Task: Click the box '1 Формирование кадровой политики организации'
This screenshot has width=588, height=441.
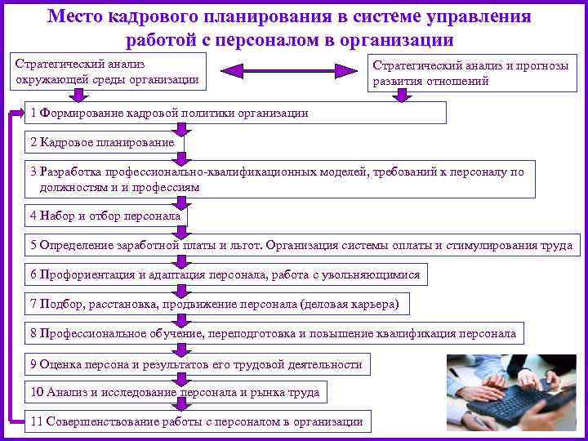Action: click(x=237, y=113)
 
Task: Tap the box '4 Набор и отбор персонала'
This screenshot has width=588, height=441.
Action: click(x=106, y=216)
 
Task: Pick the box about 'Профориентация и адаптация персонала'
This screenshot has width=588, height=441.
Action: click(x=225, y=274)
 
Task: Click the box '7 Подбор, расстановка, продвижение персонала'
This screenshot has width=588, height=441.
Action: click(x=216, y=304)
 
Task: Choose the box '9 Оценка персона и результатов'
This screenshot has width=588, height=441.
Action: click(x=196, y=363)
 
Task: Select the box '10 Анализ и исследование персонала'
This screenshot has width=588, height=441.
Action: click(x=176, y=393)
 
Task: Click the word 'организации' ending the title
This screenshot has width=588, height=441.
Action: click(x=402, y=39)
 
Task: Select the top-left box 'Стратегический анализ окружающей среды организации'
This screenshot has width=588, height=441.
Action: click(x=106, y=72)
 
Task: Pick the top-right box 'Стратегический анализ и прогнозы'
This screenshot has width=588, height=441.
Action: click(x=469, y=73)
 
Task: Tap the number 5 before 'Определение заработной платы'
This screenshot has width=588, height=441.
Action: click(x=33, y=245)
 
